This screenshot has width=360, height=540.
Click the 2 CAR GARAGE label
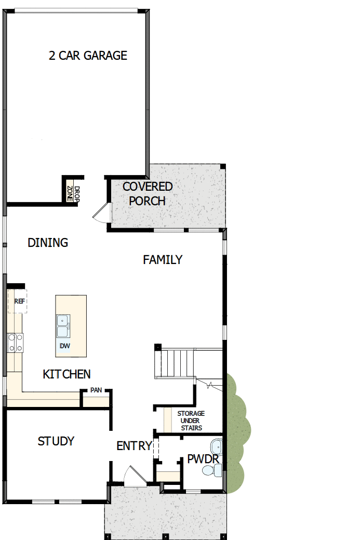(88, 56)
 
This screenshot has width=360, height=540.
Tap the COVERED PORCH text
(148, 193)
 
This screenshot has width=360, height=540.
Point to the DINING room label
(48, 243)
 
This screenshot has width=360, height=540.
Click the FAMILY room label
(163, 260)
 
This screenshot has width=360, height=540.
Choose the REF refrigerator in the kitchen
(19, 301)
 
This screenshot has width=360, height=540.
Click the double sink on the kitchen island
(63, 326)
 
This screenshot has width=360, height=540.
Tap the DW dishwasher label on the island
(64, 346)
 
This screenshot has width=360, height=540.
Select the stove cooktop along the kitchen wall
(15, 343)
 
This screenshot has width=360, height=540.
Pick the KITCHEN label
(66, 374)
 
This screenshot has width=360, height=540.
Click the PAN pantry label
(96, 390)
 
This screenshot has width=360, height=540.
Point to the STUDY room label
(56, 441)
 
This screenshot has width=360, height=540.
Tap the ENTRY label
(134, 446)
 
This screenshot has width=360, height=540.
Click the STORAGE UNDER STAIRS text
(191, 420)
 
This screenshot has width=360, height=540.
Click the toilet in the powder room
(212, 471)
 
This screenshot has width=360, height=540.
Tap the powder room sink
(216, 446)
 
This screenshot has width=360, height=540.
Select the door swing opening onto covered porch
(102, 212)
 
